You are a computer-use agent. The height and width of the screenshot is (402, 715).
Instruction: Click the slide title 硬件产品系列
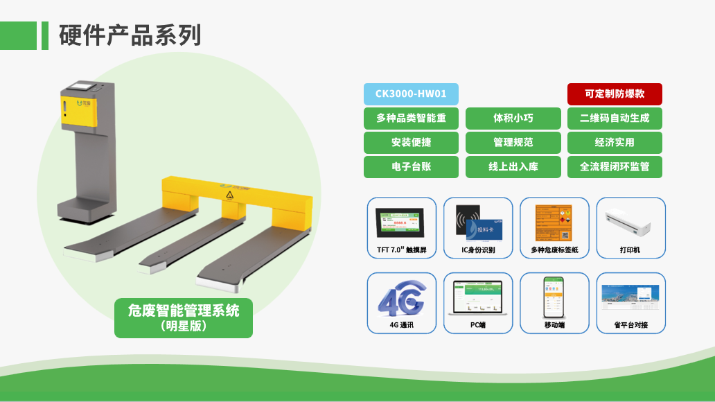[130, 35]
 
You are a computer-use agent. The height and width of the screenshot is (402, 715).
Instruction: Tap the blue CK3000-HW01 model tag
[411, 94]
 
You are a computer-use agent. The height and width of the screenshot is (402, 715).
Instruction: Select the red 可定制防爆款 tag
[615, 94]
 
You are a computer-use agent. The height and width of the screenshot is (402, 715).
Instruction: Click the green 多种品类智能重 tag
[411, 119]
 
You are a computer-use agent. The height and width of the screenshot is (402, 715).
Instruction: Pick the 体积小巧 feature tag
[513, 119]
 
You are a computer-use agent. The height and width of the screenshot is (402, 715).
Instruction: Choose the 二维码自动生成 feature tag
[615, 119]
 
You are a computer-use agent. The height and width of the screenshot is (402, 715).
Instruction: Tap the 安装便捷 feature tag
[411, 143]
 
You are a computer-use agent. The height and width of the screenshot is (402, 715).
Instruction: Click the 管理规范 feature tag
[513, 143]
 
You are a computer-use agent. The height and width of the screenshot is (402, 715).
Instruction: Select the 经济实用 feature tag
[615, 143]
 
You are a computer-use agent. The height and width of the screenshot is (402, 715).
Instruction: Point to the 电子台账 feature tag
[411, 167]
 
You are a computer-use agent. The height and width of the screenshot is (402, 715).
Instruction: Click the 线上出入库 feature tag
[513, 167]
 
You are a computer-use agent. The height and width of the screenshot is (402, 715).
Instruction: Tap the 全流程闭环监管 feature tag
[615, 167]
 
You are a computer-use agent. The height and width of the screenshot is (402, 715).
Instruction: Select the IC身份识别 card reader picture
[477, 221]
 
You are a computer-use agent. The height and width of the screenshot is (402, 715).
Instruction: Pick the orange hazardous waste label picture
[554, 222]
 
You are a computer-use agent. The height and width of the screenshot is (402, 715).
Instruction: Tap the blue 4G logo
[402, 298]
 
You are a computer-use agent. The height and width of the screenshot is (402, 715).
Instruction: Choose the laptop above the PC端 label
[477, 299]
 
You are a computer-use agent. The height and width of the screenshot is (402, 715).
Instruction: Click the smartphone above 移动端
[554, 297]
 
